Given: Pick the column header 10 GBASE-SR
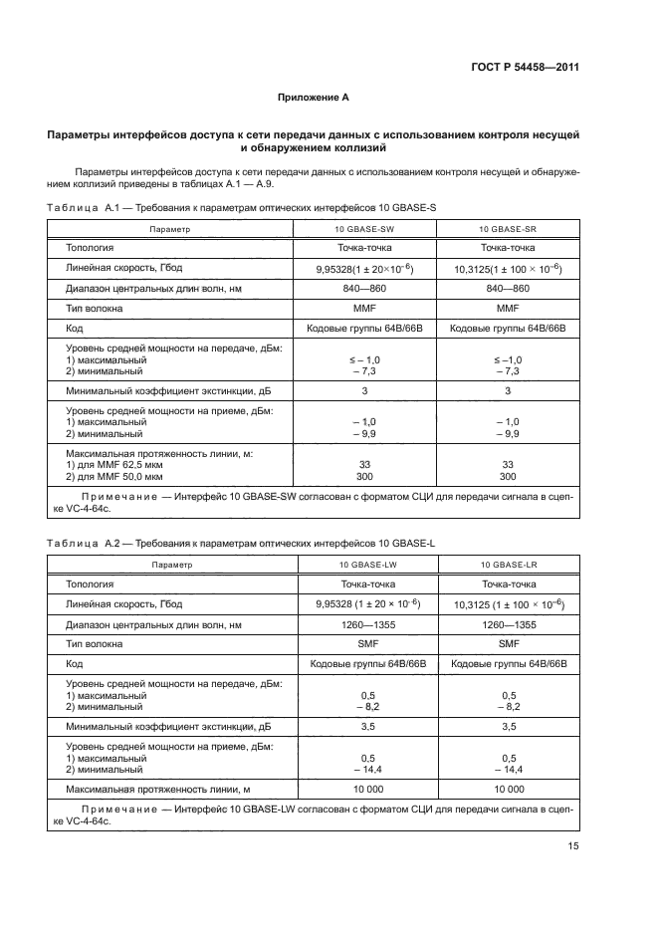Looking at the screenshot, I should pyautogui.click(x=509, y=229).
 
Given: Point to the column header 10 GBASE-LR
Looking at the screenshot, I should pyautogui.click(x=509, y=565).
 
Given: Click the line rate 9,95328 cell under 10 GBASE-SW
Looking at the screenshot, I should pyautogui.click(x=364, y=269).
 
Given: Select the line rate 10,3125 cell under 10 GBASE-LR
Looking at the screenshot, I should pyautogui.click(x=508, y=604).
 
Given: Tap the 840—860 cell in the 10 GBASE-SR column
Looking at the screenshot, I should pyautogui.click(x=508, y=290).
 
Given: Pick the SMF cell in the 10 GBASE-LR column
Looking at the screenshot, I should pyautogui.click(x=509, y=644).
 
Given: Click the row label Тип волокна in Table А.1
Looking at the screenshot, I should pyautogui.click(x=96, y=309).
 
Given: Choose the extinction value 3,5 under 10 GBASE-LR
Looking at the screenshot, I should pyautogui.click(x=509, y=727).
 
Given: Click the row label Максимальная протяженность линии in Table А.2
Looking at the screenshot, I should pyautogui.click(x=156, y=789).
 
